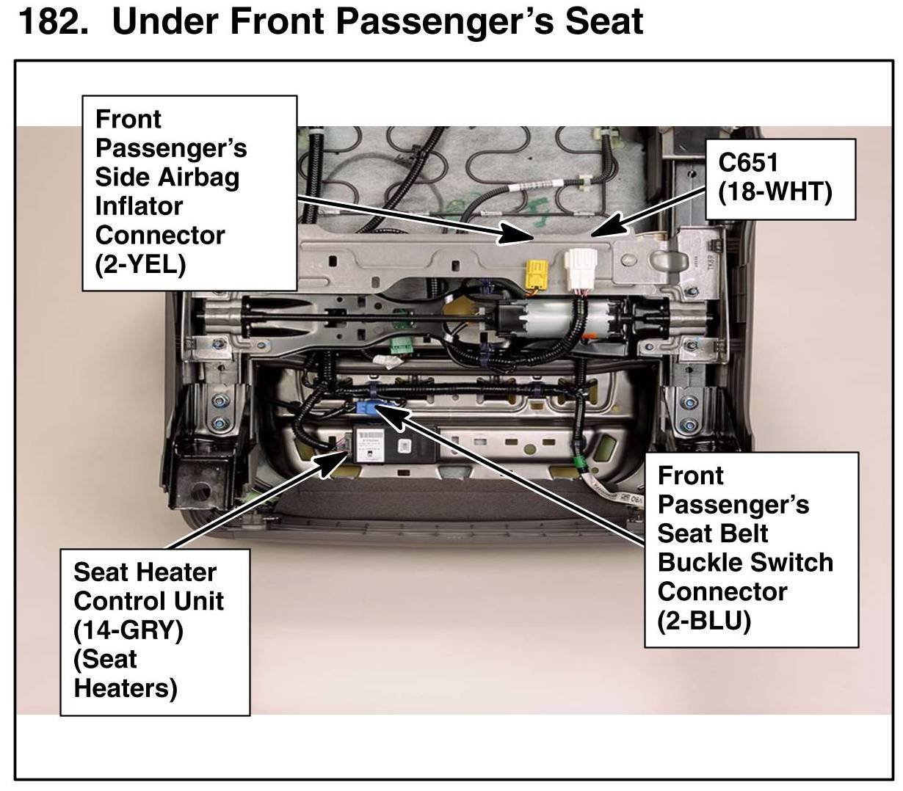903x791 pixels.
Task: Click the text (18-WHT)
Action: pos(775,192)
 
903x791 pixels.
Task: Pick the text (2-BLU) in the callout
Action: pos(704,620)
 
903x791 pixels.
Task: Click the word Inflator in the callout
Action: pos(139,206)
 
